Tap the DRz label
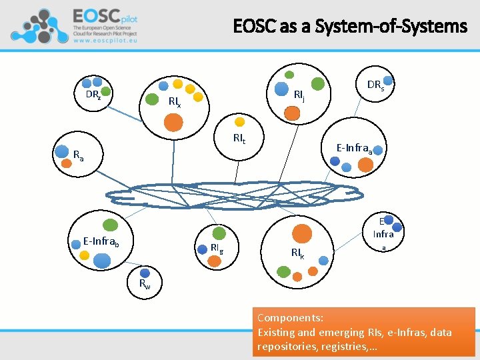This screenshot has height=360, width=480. coord(93,95)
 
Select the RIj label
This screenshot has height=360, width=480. coord(299,95)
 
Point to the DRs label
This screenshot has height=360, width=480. coord(375,85)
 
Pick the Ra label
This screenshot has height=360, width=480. coord(79,157)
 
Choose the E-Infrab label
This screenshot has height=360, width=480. coord(101,240)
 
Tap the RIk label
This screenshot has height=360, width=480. coord(297,253)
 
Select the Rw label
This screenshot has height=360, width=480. coord(145,285)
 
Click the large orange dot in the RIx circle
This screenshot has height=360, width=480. coord(173,122)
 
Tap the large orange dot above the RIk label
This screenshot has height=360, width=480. coord(302,233)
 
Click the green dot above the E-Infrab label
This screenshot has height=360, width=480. coord(111,225)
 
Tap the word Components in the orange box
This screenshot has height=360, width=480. coord(290,318)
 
